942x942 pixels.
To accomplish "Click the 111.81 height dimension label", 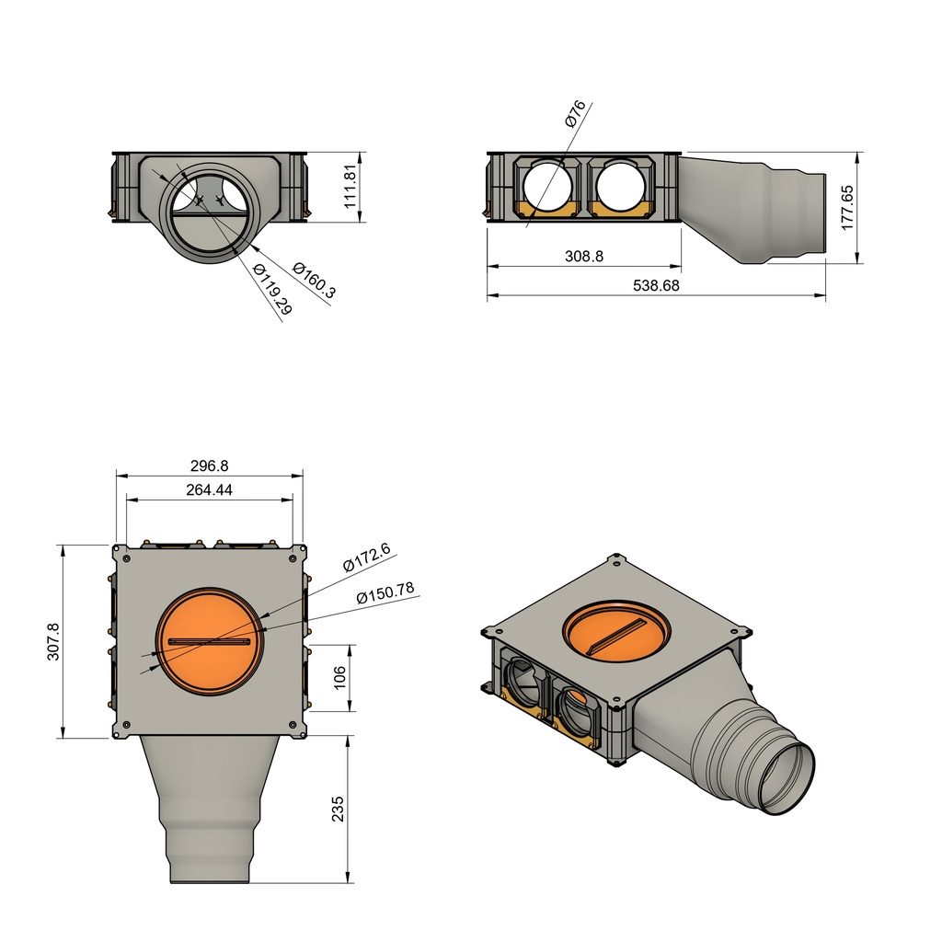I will [350, 187].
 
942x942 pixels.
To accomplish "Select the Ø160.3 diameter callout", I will [314, 280].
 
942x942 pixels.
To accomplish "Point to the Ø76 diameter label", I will [575, 113].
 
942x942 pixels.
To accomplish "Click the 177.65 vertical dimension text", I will [847, 207].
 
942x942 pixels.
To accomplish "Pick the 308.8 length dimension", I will [583, 257].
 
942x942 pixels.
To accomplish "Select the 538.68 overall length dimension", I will [656, 286].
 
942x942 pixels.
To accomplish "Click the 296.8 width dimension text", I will [209, 466].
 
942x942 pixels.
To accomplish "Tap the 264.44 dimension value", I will [209, 490].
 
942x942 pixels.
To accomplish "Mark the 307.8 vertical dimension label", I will [52, 641].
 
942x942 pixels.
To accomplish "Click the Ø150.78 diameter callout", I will [385, 593].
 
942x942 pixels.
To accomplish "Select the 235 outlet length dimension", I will [338, 809].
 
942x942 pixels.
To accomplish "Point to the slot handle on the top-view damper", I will [209, 641].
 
